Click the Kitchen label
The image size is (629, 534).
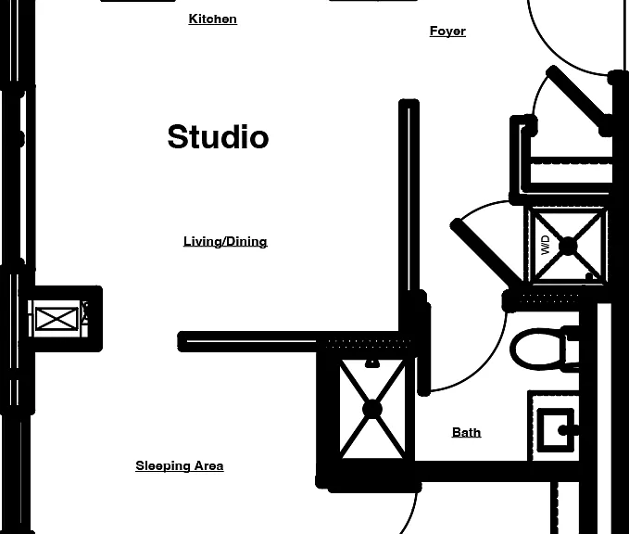(213, 19)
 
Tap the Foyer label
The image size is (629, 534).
(447, 32)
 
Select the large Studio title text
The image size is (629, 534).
(218, 137)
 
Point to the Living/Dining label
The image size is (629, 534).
(225, 242)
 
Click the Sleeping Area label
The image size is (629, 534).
(180, 465)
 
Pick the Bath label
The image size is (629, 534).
(466, 432)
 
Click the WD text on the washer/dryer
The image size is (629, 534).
(545, 245)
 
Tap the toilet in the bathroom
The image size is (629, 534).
(545, 349)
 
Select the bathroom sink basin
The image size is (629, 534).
(555, 429)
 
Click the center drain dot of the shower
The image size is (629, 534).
(372, 410)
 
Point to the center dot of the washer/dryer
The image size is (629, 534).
(568, 246)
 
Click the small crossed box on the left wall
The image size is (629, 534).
(57, 319)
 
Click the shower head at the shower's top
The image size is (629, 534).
(372, 363)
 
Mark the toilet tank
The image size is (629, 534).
(572, 349)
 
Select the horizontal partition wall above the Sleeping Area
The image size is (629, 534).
(248, 342)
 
